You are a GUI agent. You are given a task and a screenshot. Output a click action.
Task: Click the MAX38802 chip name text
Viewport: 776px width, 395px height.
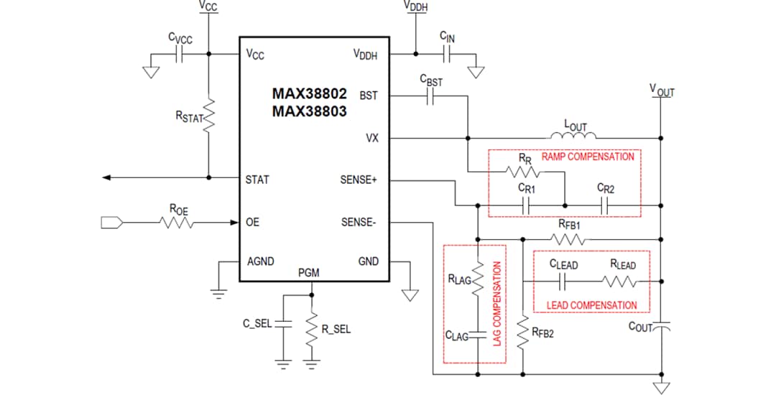(309, 94)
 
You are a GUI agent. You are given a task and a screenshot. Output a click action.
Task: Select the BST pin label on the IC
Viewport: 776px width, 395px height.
(369, 95)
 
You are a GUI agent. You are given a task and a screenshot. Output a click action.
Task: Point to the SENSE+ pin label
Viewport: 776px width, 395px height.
(359, 180)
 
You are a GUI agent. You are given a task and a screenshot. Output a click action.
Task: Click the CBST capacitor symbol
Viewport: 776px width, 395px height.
(430, 98)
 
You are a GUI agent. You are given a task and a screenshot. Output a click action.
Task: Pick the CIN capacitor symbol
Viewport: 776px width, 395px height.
(447, 53)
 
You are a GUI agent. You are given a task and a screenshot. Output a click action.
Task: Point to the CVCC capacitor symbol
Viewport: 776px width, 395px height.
(180, 54)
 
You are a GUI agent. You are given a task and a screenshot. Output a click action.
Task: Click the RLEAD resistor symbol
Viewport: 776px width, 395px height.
(622, 282)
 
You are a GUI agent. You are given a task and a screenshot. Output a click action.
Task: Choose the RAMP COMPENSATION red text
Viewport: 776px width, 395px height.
(588, 157)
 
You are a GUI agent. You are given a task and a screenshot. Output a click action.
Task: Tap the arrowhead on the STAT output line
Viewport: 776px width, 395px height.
(108, 177)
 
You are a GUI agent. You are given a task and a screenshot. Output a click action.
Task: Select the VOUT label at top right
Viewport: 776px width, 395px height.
(662, 90)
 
